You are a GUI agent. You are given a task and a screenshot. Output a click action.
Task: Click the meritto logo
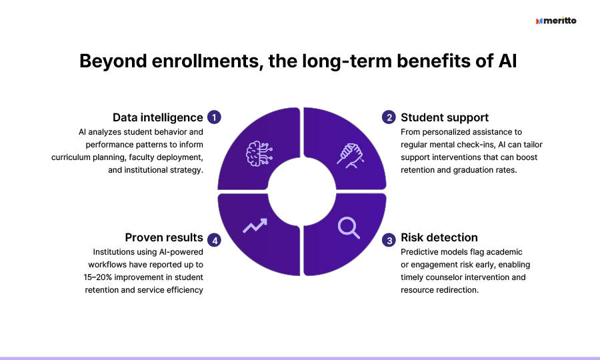pos(556,21)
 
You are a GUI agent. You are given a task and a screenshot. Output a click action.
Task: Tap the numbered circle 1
pos(214,117)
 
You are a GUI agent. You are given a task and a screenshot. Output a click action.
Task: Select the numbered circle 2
pos(389,117)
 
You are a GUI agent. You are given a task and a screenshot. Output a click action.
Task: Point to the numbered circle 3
pos(389,240)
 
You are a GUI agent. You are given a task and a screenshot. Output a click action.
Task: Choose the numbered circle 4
pos(214,240)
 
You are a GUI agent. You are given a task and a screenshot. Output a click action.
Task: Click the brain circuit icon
pos(259,153)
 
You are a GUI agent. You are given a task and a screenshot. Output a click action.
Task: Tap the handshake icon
pos(350,156)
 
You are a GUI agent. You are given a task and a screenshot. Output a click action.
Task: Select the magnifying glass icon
pos(349,227)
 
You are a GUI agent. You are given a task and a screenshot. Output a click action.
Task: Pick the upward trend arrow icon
pos(255,225)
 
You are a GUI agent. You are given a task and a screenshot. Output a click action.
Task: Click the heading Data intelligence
pos(157,117)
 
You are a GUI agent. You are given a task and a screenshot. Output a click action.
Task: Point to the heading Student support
pos(445,117)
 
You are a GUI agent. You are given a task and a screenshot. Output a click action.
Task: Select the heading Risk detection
pos(439,237)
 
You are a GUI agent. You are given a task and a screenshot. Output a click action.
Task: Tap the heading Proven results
pos(164,237)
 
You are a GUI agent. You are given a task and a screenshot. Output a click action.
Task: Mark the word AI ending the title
pos(507,61)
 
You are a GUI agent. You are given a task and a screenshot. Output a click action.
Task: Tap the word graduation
pos(472,170)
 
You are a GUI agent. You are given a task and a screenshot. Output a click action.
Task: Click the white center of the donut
pos(302,191)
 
